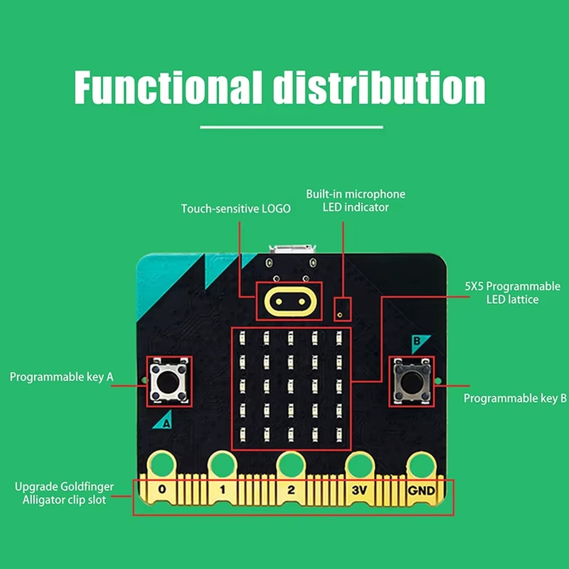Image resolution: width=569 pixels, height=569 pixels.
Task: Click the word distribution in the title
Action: (x=379, y=88)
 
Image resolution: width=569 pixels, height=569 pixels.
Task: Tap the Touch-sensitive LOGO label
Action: (x=236, y=209)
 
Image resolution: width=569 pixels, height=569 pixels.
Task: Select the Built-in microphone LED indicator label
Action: (x=356, y=201)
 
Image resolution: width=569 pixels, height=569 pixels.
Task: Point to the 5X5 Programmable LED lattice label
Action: (x=512, y=293)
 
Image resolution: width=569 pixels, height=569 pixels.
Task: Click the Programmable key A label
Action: (x=62, y=377)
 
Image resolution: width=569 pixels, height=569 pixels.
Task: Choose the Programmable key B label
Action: (x=515, y=398)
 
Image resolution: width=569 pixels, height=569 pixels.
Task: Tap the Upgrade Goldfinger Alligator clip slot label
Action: (x=64, y=493)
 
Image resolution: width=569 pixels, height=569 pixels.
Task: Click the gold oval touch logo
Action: (x=289, y=302)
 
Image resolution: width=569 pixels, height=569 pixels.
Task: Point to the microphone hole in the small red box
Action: (x=340, y=314)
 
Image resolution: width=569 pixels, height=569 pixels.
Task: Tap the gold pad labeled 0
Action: (x=162, y=488)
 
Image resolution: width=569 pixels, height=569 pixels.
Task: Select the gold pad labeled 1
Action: (x=222, y=489)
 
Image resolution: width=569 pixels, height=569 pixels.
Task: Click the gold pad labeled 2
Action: (x=291, y=489)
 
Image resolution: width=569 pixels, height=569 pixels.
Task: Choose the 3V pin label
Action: (x=359, y=490)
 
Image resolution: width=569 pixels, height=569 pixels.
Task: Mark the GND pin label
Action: (x=421, y=490)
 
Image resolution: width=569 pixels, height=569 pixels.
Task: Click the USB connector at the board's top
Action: (x=293, y=249)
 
